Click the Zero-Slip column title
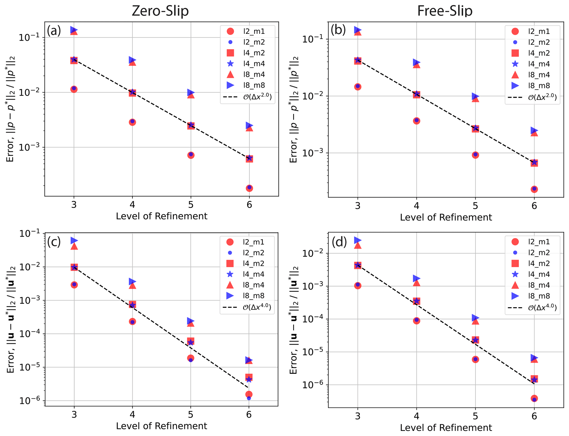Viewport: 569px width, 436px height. [x=160, y=11]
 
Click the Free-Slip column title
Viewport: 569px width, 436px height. [x=445, y=11]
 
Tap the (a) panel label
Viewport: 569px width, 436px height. [x=54, y=31]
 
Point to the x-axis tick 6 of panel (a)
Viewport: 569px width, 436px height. [x=249, y=205]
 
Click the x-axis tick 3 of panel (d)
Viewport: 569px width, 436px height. [x=358, y=416]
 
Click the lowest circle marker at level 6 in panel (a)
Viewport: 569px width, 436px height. [x=249, y=188]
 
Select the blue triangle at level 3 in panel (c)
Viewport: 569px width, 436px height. [x=74, y=241]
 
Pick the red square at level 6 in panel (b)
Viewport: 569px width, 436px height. [x=534, y=163]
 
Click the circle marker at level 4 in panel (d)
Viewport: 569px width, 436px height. [x=416, y=320]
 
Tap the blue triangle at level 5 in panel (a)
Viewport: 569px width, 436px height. [x=191, y=92]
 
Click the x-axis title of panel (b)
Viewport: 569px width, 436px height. [x=446, y=217]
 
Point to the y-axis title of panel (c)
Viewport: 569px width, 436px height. [x=11, y=319]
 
